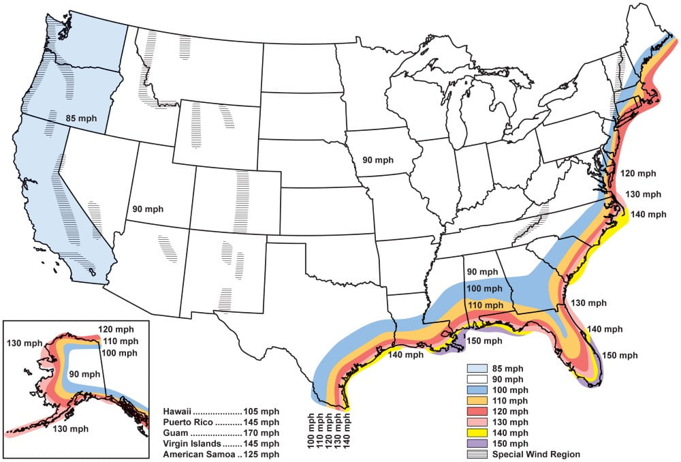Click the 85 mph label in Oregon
click(81, 118)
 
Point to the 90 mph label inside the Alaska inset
click(83, 374)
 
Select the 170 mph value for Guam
click(261, 433)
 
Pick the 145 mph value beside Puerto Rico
click(261, 423)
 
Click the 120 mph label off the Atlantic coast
click(639, 174)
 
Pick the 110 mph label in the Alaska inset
click(119, 341)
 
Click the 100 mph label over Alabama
click(486, 289)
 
